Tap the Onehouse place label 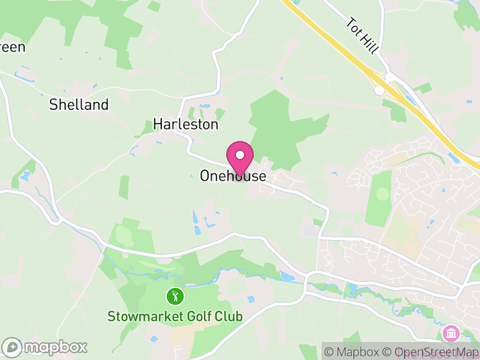pos(232,176)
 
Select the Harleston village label pos(185,124)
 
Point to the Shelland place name pos(79,104)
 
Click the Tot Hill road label pos(362,35)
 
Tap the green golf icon pos(175,296)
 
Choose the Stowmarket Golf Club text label pos(175,316)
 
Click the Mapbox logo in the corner pos(45,347)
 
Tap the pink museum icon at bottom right pos(450,332)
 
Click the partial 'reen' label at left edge pos(11,47)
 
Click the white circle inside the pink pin pos(240,154)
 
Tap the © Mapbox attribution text pos(355,352)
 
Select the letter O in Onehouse pos(205,176)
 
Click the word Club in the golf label pos(230,316)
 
